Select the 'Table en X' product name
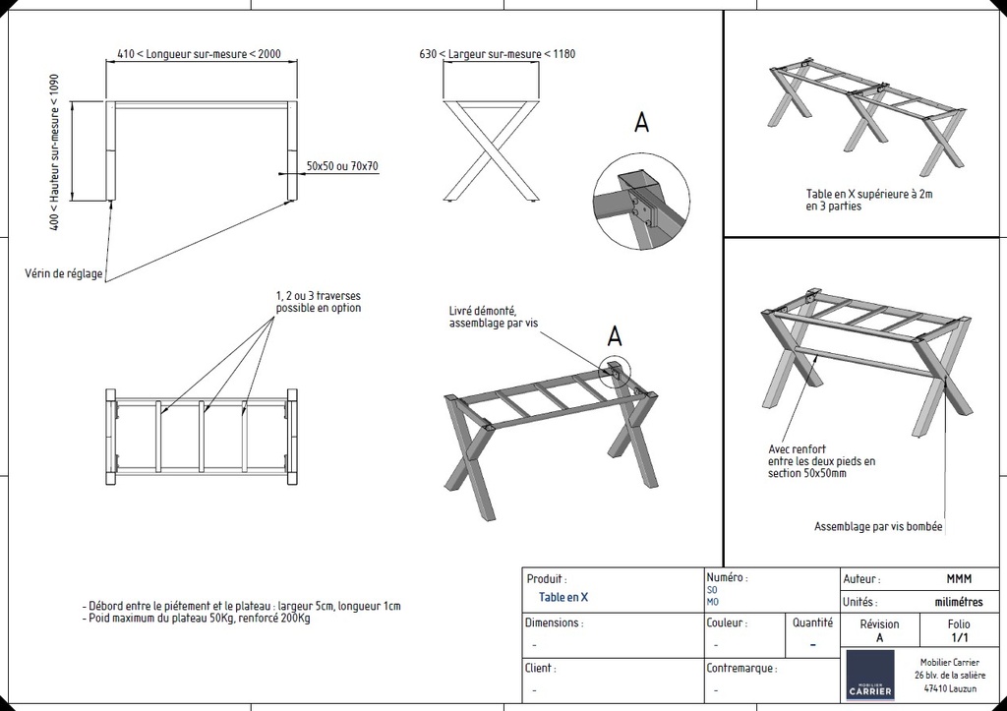[563, 596]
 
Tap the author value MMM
[959, 580]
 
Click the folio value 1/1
[959, 637]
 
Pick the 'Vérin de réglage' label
[64, 273]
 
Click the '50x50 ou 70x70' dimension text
[342, 166]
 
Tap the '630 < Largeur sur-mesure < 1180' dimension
[497, 54]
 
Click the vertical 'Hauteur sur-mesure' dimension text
[55, 151]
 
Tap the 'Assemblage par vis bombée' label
[878, 527]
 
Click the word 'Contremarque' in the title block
[740, 669]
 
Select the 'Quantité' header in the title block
[812, 622]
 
